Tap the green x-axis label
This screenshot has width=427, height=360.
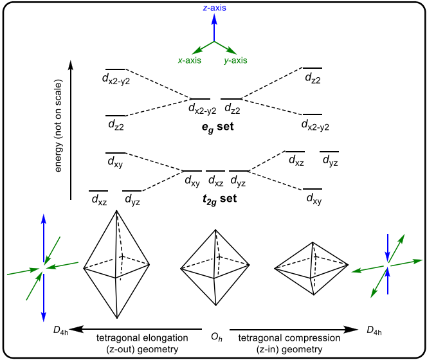190,60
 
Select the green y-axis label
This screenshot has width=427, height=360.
236,60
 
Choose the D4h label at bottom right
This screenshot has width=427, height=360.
376,330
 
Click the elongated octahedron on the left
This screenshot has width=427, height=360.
116,264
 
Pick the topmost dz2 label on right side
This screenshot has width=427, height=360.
313,79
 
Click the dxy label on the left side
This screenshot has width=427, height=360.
114,165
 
